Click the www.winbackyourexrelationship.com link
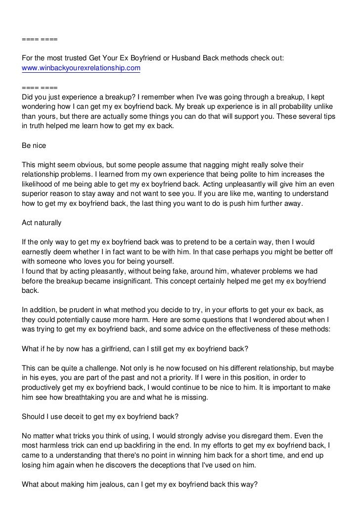click(x=81, y=67)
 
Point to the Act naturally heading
click(x=42, y=223)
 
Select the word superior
click(x=36, y=194)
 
